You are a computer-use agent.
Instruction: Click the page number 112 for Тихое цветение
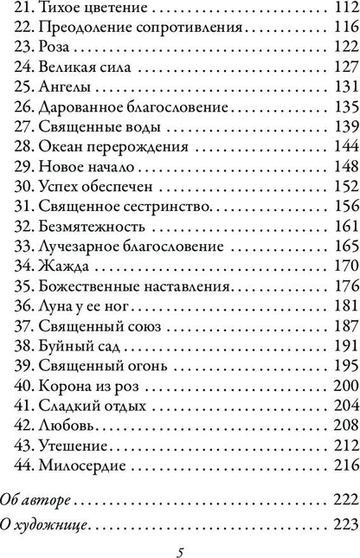tap(344, 10)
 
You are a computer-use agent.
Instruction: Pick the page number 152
tap(344, 181)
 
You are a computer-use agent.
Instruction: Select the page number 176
tap(344, 277)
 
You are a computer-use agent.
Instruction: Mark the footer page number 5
tap(180, 549)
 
